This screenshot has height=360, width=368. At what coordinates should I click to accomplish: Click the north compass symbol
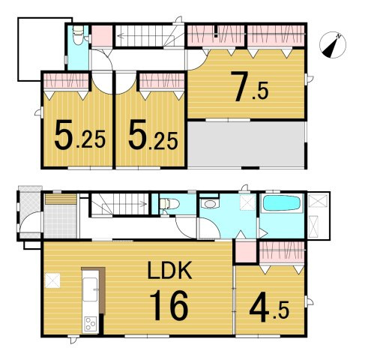tap(333, 45)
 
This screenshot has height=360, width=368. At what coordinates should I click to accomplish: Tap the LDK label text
tap(169, 270)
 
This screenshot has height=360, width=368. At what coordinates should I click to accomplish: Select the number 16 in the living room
tap(169, 305)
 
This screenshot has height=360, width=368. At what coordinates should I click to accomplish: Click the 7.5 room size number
tap(249, 86)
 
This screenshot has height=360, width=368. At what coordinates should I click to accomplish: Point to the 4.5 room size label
tap(269, 310)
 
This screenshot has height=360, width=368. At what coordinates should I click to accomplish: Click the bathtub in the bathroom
tap(282, 204)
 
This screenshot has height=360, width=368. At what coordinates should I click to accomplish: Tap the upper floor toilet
tap(78, 35)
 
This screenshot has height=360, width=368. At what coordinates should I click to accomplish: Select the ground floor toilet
tap(169, 203)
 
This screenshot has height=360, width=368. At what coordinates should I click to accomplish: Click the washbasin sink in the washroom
tap(210, 203)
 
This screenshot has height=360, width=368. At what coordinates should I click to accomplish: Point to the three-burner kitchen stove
tap(90, 324)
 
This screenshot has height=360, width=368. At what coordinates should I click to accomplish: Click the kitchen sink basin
tap(90, 289)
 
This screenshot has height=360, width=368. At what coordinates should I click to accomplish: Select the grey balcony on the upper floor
tap(246, 144)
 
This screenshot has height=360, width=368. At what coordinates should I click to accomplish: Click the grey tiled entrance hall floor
tap(61, 221)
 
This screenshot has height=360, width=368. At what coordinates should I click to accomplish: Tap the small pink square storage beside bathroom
tap(246, 251)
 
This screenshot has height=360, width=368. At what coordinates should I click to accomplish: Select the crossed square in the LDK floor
tap(52, 280)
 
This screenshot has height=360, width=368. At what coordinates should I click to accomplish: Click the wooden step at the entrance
tap(61, 199)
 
